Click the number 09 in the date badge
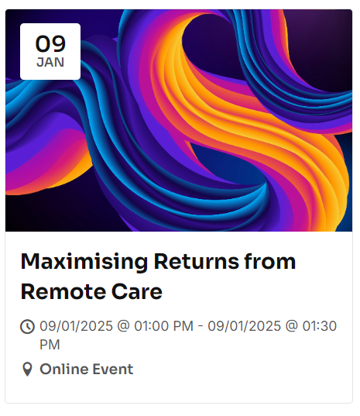[x=50, y=43]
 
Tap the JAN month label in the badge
[x=50, y=62]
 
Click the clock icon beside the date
[x=28, y=326]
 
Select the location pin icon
[x=28, y=369]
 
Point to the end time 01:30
[x=319, y=326]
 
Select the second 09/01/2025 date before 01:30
[x=245, y=326]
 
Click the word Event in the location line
[x=113, y=369]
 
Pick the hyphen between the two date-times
[x=201, y=326]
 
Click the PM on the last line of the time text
[x=50, y=344]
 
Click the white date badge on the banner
[x=50, y=51]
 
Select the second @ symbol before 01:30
[x=293, y=326]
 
